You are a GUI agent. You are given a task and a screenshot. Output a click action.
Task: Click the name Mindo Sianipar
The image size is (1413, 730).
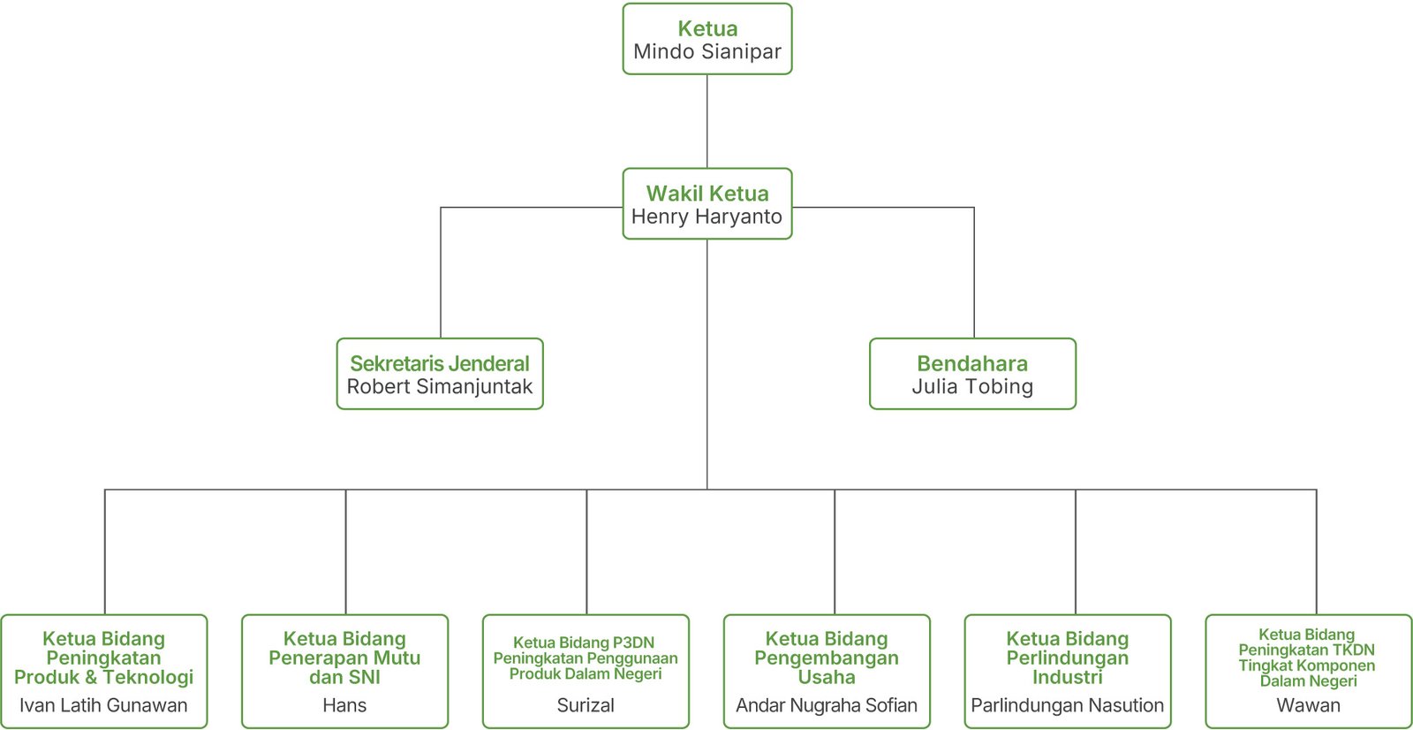(x=706, y=52)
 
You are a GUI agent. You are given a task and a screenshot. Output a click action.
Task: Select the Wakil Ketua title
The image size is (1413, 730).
(x=706, y=194)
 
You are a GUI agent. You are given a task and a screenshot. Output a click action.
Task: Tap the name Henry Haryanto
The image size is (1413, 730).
(x=706, y=217)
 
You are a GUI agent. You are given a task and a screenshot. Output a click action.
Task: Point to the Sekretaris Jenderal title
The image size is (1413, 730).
(x=440, y=363)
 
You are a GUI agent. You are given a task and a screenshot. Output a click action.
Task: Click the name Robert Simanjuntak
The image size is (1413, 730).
(x=440, y=386)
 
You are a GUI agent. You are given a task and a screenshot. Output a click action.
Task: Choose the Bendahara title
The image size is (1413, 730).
(x=972, y=363)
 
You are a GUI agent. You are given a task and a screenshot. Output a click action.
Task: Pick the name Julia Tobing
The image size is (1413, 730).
(x=972, y=386)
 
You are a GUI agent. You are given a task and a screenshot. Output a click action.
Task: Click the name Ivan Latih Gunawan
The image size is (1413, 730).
(x=103, y=705)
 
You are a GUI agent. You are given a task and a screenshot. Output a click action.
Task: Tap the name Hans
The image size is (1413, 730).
(x=344, y=705)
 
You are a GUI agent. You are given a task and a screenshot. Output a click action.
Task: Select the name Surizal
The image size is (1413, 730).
(x=586, y=705)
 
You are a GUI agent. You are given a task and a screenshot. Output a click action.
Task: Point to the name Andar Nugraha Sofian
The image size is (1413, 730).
(x=827, y=705)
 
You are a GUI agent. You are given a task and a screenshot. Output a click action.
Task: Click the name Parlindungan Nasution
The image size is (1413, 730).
(x=1067, y=705)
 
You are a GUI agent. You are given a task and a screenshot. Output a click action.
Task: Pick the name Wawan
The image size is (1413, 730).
(x=1308, y=705)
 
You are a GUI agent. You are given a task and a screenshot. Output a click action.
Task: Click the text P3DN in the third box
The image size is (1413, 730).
(x=633, y=643)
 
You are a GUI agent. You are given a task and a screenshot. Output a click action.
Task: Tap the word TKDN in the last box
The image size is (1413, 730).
(x=1350, y=650)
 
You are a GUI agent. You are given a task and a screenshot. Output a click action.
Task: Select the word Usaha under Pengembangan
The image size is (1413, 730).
(x=827, y=678)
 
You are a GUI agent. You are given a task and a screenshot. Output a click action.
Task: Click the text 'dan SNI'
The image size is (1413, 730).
(x=344, y=678)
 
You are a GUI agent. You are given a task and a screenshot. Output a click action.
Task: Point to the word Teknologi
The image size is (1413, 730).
(x=147, y=678)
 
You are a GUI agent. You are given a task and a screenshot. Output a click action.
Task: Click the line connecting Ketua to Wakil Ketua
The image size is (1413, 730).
(x=706, y=121)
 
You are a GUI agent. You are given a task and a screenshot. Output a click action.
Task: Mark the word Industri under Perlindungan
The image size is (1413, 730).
(x=1067, y=678)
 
